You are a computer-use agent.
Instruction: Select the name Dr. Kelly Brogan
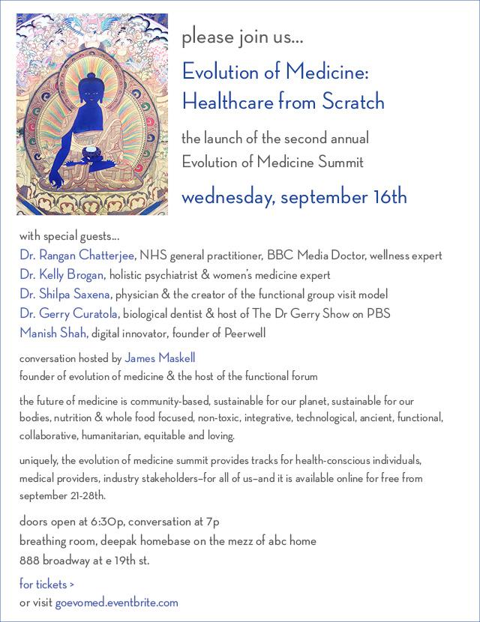[x=61, y=275]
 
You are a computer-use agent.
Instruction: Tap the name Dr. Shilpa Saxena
[x=66, y=294]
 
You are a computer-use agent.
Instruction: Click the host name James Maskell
[x=160, y=357]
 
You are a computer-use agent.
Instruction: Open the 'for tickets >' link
[x=46, y=584]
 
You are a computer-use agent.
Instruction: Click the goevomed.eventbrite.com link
[x=116, y=602]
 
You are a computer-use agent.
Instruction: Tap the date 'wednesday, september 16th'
[x=294, y=197]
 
